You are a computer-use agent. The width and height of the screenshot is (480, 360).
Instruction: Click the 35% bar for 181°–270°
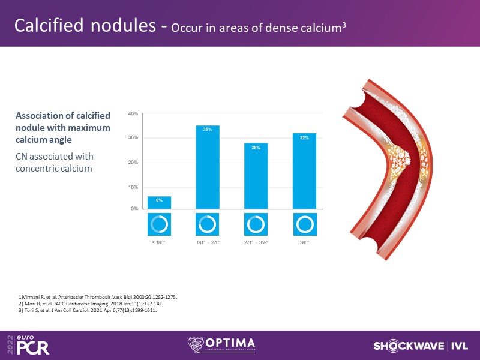pos(208,167)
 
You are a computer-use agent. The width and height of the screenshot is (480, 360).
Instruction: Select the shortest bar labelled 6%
pos(159,203)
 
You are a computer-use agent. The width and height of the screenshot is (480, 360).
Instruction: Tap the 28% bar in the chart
pos(256,176)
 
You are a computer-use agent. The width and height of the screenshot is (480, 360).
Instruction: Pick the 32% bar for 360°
pos(304,171)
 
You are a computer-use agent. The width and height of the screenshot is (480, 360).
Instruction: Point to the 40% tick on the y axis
pos(133,114)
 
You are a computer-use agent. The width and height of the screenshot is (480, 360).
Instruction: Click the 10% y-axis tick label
pos(133,187)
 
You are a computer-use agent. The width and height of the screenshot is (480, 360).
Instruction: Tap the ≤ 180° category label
pos(158,242)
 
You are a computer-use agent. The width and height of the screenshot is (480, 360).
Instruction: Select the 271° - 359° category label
pos(256,242)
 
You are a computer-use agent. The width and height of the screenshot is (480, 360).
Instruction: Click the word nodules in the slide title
pos(123,25)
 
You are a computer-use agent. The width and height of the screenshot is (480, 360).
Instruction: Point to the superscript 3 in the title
pos(344,25)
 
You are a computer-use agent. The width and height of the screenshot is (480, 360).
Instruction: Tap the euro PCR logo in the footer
pos(28,344)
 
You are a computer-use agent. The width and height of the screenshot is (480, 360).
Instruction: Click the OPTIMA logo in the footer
pos(221,345)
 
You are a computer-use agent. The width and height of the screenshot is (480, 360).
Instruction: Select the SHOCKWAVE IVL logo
pos(421,346)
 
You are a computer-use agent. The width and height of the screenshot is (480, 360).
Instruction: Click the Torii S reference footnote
pos(88,310)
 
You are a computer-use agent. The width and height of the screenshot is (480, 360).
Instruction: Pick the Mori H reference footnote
pos(91,304)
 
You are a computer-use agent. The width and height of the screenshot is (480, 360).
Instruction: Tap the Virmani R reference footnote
pos(98,297)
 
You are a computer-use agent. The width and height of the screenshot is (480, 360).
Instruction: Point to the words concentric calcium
pos(54,169)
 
